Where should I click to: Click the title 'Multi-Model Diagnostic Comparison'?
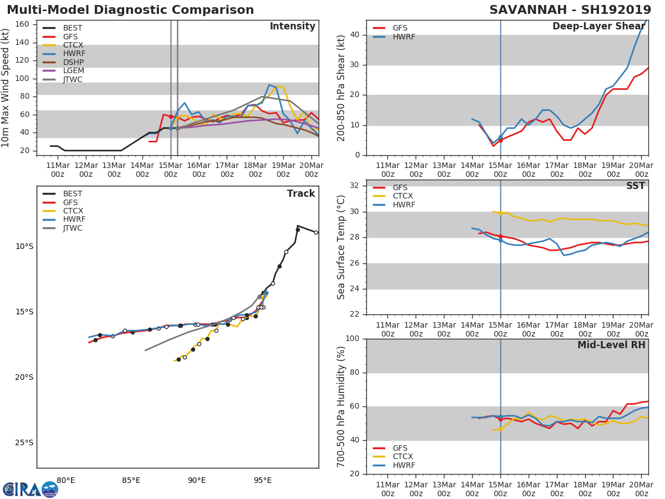130,10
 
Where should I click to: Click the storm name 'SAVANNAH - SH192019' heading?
570,10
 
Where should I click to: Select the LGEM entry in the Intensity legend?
69,71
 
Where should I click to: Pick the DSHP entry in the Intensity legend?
69,62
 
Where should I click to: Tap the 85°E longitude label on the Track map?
131,480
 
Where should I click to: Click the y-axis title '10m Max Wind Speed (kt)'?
6,88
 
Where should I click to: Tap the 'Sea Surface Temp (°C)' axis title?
341,247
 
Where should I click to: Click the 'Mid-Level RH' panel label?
611,345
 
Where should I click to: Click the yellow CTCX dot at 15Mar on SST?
500,213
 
